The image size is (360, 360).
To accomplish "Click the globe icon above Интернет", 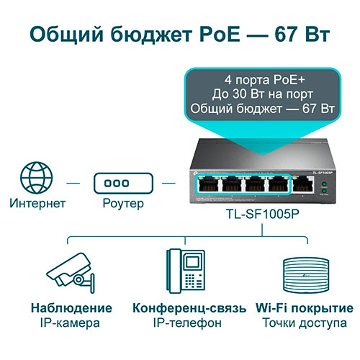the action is click(37, 178).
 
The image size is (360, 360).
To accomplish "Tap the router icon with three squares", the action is click(123, 183).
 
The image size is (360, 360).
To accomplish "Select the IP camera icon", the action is click(71, 273).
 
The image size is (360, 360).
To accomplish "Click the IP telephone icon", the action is click(186, 271).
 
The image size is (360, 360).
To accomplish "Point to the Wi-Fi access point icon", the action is click(306, 276).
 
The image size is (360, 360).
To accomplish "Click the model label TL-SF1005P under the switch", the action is click(263, 214).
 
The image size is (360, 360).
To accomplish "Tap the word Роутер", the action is click(123, 204).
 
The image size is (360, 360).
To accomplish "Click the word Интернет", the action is click(37, 203).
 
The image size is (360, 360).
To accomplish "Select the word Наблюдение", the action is click(71, 308).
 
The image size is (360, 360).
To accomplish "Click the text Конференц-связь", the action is click(189, 308).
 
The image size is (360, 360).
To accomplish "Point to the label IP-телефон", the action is click(187, 323).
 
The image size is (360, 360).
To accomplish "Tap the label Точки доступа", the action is click(305, 323).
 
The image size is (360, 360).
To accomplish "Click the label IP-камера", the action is click(70, 323).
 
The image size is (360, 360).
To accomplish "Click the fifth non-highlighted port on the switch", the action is click(303, 185).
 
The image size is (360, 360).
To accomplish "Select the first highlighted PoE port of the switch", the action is click(209, 185).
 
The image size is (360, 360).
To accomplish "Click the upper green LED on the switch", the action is click(324, 184).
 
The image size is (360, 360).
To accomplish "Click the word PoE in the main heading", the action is click(220, 35).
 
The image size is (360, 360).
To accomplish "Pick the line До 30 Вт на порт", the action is click(263, 94).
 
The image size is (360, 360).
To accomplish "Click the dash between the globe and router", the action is click(73, 184).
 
